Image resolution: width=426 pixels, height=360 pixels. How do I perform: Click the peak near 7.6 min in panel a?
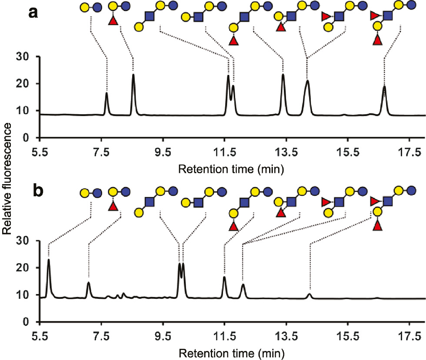106,93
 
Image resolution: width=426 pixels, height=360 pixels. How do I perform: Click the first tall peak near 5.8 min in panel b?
49,260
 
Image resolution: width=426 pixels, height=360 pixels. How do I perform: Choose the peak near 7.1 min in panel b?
89,283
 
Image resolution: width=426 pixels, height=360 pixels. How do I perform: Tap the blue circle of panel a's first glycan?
97,7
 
